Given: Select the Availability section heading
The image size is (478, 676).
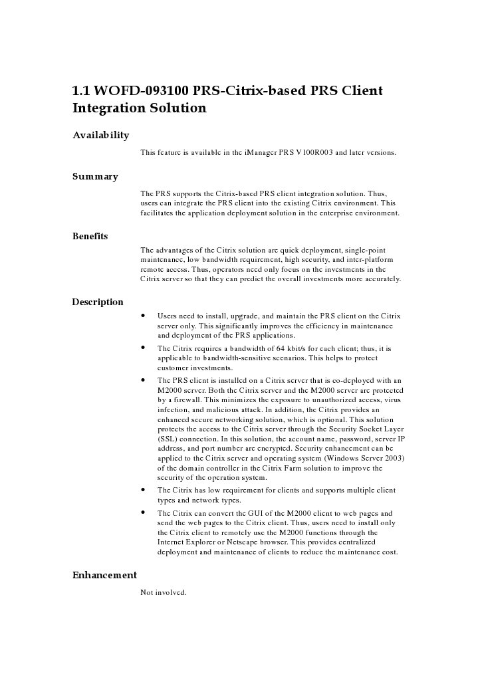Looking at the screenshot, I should pyautogui.click(x=100, y=136).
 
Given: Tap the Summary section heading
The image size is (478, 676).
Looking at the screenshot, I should pyautogui.click(x=95, y=177).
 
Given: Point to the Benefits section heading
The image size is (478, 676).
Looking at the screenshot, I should pyautogui.click(x=90, y=236).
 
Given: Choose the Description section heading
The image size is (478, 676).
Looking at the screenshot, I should pyautogui.click(x=98, y=302).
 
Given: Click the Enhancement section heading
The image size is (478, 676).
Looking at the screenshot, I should pyautogui.click(x=104, y=576).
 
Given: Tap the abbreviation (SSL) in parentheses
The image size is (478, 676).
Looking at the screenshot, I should pyautogui.click(x=168, y=440).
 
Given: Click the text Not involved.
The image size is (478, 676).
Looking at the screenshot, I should pyautogui.click(x=163, y=592).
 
